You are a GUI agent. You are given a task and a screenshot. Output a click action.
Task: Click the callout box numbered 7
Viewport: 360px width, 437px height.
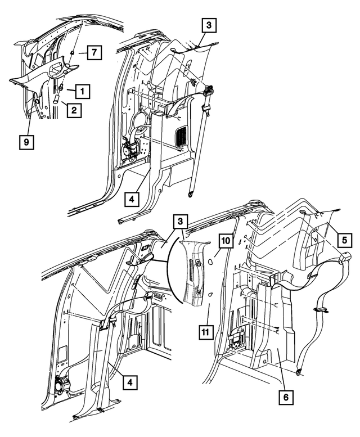pyautogui.click(x=94, y=53)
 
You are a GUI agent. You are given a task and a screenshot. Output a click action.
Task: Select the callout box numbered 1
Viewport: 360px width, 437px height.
pyautogui.click(x=83, y=90)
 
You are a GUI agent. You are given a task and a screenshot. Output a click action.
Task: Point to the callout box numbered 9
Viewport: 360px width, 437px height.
pyautogui.click(x=26, y=143)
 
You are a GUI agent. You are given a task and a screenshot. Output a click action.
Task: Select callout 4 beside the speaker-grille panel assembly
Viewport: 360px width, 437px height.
pyautogui.click(x=130, y=199)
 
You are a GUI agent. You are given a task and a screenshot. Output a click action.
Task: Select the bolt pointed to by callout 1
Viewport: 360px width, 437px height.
pyautogui.click(x=61, y=87)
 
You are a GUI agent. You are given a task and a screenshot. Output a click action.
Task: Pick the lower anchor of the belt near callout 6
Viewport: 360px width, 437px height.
pyautogui.click(x=298, y=371)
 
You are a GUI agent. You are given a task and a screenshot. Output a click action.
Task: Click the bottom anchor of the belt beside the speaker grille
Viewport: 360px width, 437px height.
pyautogui.click(x=191, y=193)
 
